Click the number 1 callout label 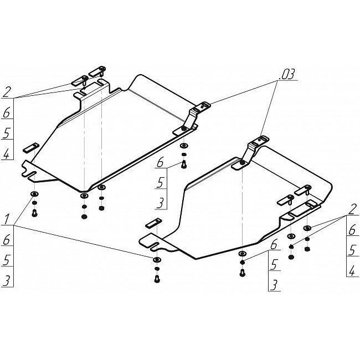point(7,219)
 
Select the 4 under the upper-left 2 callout point(7,153)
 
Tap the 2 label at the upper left point(7,92)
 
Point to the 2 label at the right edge point(352,210)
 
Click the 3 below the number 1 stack point(7,281)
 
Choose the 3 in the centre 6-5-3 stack point(160,203)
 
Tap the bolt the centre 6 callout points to point(184,164)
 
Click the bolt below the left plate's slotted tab point(34,213)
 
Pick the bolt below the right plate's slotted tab point(157,279)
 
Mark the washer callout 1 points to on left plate point(34,194)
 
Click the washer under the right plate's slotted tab point(157,260)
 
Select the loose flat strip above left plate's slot point(31,147)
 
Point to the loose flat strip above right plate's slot point(153,223)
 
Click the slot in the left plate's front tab point(32,176)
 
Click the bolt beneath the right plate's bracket point(242,272)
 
